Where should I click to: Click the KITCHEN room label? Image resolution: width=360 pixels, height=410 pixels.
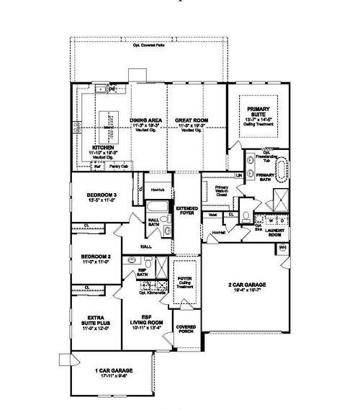[x=98, y=147]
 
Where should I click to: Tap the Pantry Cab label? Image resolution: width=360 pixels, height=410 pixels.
[x=120, y=166]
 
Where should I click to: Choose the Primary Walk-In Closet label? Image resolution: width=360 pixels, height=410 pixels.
[x=222, y=190]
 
